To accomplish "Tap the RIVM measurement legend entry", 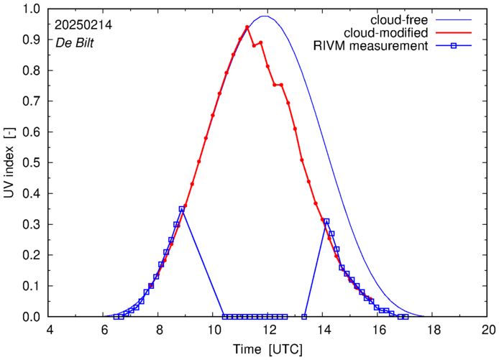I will [370, 47].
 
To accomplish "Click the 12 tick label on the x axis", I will [269, 331].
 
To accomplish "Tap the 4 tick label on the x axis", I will [50, 331].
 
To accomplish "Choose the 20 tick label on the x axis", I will [488, 331].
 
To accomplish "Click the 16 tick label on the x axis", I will [379, 331].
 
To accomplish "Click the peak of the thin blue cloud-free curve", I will [265, 16].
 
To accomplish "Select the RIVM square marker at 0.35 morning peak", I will [181, 209].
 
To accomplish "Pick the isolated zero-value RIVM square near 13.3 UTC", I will [305, 317].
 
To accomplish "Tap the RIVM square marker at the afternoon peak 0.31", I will [326, 221].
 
